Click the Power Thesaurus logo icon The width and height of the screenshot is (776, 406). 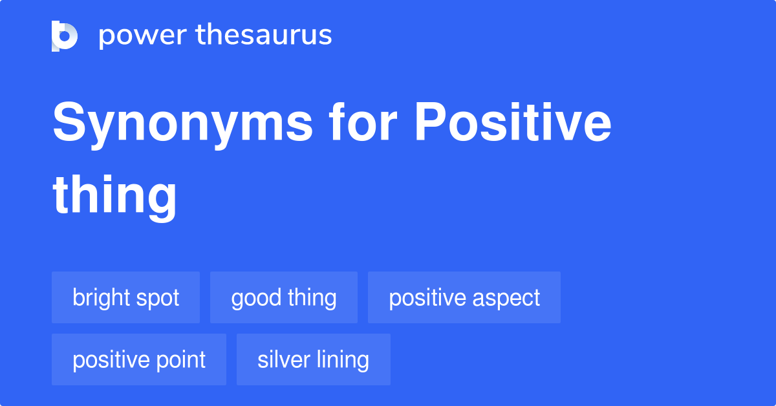(x=65, y=36)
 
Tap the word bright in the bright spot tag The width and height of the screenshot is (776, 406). (x=100, y=298)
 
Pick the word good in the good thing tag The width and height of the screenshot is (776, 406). (x=255, y=298)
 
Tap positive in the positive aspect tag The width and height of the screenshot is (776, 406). (x=427, y=298)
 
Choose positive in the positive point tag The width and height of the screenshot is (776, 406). (x=111, y=360)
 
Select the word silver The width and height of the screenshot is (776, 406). (x=282, y=360)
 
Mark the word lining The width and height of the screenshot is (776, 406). (x=342, y=360)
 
